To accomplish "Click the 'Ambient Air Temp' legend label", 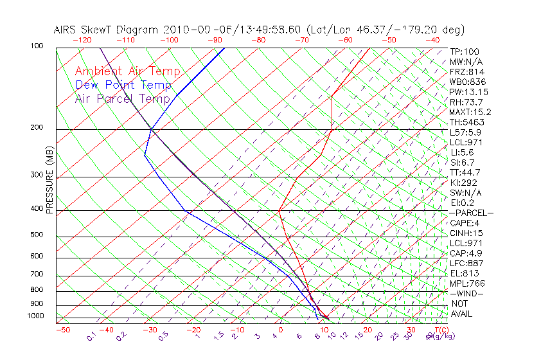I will tap(127, 71).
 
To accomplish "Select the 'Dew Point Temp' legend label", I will tap(123, 85).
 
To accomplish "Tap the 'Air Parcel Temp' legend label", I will tap(122, 98).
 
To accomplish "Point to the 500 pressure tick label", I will tap(37, 235).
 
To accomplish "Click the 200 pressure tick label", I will tap(37, 128).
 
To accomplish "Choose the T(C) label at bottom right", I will tap(440, 330).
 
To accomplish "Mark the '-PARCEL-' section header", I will tap(471, 213).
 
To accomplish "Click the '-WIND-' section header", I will tap(466, 293).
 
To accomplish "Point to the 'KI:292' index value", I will tap(464, 183).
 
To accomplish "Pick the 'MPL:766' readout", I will tap(466, 283).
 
